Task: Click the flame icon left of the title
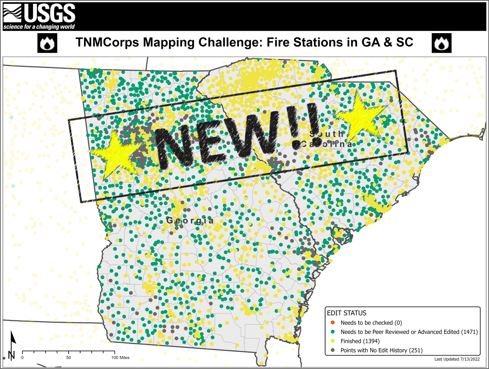pyautogui.click(x=47, y=43)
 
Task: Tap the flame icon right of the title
pyautogui.click(x=442, y=43)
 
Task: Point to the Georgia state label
pyautogui.click(x=190, y=221)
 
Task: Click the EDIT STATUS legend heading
pyautogui.click(x=346, y=313)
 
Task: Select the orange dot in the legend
pyautogui.click(x=333, y=323)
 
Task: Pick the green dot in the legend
pyautogui.click(x=333, y=332)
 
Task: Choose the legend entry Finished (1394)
pyautogui.click(x=360, y=341)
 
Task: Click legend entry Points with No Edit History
pyautogui.click(x=381, y=350)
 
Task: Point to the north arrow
pyautogui.click(x=12, y=345)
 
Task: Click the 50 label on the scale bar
pyautogui.click(x=69, y=357)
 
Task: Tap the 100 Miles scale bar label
pyautogui.click(x=120, y=357)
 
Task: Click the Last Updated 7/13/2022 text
pyautogui.click(x=457, y=359)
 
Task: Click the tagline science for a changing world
pyautogui.click(x=39, y=27)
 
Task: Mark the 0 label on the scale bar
pyautogui.click(x=22, y=357)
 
